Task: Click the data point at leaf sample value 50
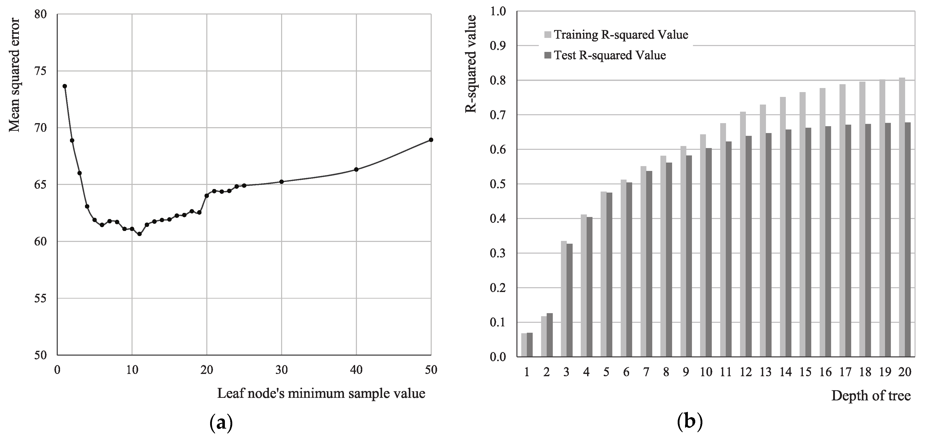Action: tap(431, 140)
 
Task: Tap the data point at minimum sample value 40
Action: tap(356, 169)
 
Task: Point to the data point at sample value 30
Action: tap(281, 182)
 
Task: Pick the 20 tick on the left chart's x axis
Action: tap(207, 370)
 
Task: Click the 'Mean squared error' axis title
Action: tap(15, 75)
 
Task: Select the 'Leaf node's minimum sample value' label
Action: tap(321, 393)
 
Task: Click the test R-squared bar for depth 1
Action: tap(530, 345)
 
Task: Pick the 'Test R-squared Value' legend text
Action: tap(610, 55)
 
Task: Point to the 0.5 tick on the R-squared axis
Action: tap(498, 184)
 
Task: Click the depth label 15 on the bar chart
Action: tap(805, 372)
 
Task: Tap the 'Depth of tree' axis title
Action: tap(871, 396)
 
